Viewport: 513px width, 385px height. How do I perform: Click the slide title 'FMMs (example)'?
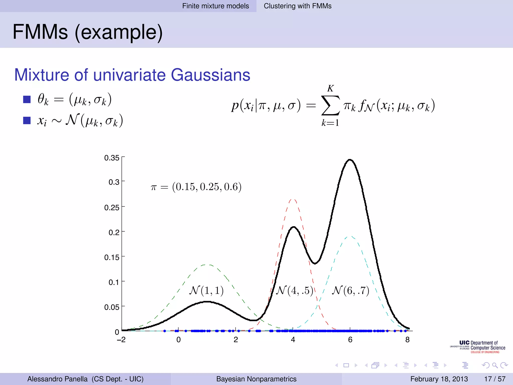pos(87,32)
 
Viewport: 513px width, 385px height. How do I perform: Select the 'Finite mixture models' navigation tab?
pos(215,6)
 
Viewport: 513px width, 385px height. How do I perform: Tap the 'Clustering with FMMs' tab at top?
pos(298,6)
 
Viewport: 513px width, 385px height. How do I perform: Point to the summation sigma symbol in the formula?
pos(330,106)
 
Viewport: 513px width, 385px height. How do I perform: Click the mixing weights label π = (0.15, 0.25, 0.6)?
pos(196,187)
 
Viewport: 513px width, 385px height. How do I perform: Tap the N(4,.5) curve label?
pos(294,291)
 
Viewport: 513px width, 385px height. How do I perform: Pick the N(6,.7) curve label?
pos(350,291)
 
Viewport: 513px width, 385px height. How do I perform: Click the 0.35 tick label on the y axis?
pos(112,158)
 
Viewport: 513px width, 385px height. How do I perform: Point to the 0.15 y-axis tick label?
pos(112,257)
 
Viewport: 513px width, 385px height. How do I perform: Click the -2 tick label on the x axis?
pos(121,340)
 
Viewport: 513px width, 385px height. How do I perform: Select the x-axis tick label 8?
pos(408,340)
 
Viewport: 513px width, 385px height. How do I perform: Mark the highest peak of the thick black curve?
pos(350,160)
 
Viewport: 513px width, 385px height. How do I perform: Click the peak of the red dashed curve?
pos(293,200)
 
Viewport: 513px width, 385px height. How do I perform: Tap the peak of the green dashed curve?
pos(207,265)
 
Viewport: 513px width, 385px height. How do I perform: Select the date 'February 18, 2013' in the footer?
pos(439,379)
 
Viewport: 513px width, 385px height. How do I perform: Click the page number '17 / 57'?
pos(495,379)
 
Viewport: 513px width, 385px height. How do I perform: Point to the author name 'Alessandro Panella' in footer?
pos(57,379)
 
